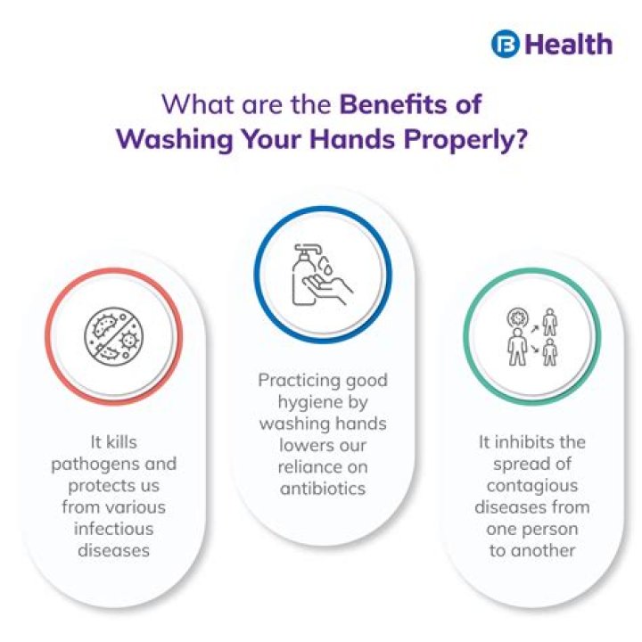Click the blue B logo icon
coord(505,45)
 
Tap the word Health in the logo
coord(568,45)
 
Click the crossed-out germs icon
coord(113,337)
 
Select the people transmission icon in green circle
coord(531,337)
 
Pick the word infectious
coord(113,529)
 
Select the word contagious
coord(531,486)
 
